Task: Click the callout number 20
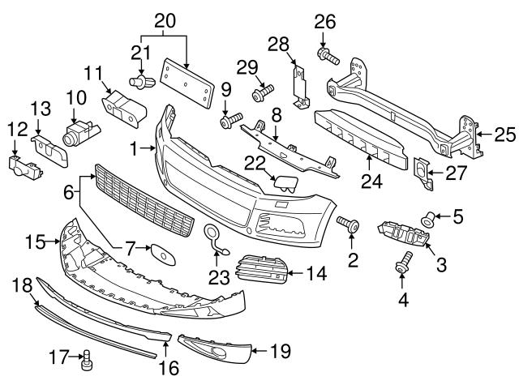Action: (165, 21)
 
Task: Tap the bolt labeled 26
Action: (328, 56)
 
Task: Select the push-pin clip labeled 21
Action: (142, 82)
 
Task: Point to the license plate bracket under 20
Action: (187, 83)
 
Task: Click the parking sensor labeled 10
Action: (80, 133)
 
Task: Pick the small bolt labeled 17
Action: (87, 361)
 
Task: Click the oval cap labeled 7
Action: (163, 254)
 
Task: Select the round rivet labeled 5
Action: (428, 220)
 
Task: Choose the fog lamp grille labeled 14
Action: (262, 268)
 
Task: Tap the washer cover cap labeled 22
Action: (285, 184)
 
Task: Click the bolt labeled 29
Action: (263, 93)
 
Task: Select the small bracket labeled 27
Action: (424, 173)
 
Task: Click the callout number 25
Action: (505, 135)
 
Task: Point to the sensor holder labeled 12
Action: (25, 168)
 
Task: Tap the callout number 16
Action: (169, 368)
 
